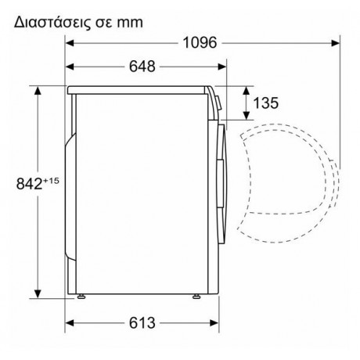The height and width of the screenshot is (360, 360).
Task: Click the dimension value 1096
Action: coord(196,42)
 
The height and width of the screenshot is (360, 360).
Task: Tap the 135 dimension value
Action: coord(265,102)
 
